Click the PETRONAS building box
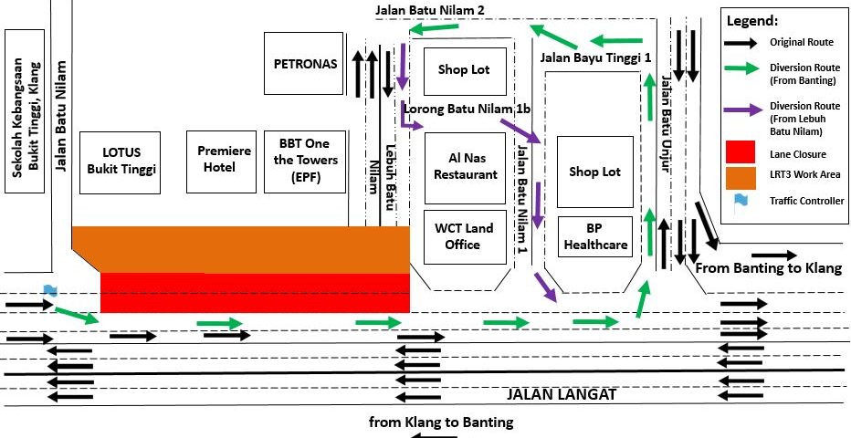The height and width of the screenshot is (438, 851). (305, 64)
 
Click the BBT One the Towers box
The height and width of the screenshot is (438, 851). (304, 162)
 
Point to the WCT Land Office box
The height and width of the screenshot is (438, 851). (466, 237)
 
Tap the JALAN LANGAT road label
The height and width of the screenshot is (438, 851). (561, 395)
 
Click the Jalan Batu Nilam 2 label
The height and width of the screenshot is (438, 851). (429, 9)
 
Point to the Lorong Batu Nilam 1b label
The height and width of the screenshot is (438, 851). (466, 109)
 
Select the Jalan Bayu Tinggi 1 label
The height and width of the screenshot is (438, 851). (595, 57)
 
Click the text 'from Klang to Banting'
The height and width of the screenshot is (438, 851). (441, 422)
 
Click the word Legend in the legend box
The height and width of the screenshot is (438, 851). (751, 20)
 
